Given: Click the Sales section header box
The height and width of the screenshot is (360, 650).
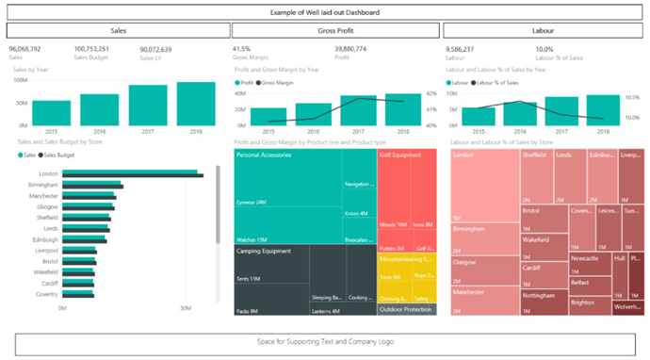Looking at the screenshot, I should pos(120,31).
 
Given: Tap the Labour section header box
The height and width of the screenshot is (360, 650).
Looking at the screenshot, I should pos(544,31).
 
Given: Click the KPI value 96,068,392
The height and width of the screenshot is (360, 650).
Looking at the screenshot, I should pos(24,49).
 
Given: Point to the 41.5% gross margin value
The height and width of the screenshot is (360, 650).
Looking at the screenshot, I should pos(241,49).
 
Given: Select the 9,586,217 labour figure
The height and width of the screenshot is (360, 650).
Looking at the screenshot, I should pos(459,49).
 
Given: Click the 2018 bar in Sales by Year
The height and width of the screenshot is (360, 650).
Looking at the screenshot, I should pos(195,104).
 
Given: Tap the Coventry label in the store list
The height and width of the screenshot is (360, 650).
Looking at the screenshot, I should pos(47,293).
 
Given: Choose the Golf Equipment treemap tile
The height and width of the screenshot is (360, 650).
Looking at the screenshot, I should pos(406,188).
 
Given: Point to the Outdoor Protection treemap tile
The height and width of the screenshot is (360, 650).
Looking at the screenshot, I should pos(406,309).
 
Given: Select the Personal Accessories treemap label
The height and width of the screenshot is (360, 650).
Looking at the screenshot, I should pos(266,155).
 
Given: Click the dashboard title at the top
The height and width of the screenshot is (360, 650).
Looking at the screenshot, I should pos(325,12).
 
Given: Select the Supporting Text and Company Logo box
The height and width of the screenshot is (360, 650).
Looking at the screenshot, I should pos(325,341).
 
